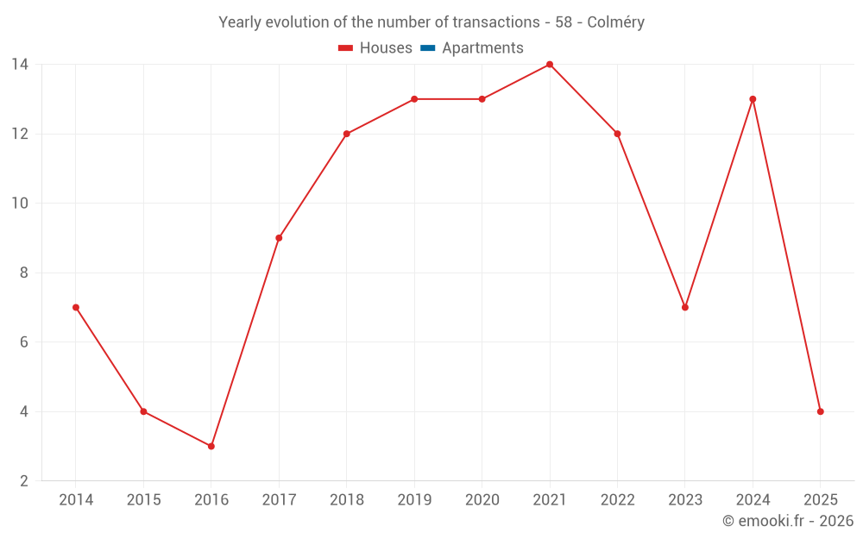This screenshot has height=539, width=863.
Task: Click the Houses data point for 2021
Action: click(550, 65)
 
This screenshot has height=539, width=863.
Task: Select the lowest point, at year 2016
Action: click(211, 446)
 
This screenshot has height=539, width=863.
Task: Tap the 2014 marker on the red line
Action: click(76, 307)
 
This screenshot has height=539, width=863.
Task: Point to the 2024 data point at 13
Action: click(753, 99)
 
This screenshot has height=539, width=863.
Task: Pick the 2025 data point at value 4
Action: click(820, 411)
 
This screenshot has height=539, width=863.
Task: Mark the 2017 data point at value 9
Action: click(279, 238)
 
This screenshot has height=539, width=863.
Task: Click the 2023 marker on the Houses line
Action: click(685, 307)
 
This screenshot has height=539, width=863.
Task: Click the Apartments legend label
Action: click(482, 48)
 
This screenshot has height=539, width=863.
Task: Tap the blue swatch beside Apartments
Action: click(427, 48)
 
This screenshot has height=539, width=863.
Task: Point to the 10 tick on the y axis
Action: click(20, 204)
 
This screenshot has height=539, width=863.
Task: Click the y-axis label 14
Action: click(20, 65)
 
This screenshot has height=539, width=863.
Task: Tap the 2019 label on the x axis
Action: click(414, 500)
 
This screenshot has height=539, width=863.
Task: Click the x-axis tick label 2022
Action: click(617, 500)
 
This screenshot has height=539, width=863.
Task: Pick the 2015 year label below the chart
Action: click(143, 500)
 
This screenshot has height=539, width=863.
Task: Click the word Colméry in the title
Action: click(615, 22)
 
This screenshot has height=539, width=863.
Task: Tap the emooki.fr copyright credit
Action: click(787, 521)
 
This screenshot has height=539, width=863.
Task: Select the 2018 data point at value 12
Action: click(347, 134)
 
